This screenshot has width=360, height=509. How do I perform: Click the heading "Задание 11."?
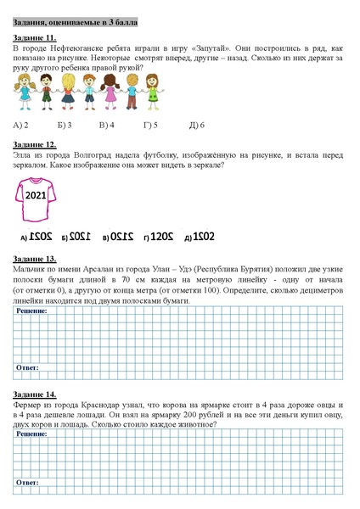tap(35, 38)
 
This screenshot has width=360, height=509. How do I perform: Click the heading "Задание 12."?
tap(35, 146)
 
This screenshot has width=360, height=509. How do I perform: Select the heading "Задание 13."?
tap(35, 257)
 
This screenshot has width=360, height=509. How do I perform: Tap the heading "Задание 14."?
tap(35, 394)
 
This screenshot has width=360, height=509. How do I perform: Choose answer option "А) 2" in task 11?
tap(23, 125)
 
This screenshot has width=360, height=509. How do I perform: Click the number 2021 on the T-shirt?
tap(36, 196)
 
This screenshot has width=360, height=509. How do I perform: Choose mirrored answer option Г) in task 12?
tap(161, 235)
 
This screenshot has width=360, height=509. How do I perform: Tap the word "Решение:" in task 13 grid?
tap(31, 311)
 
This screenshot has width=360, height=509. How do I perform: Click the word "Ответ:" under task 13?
tap(28, 367)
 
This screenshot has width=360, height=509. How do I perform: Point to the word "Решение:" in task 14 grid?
tap(31, 433)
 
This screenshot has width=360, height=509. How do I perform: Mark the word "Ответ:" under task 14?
tap(28, 490)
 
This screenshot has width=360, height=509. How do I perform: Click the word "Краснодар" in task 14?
tap(100, 407)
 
